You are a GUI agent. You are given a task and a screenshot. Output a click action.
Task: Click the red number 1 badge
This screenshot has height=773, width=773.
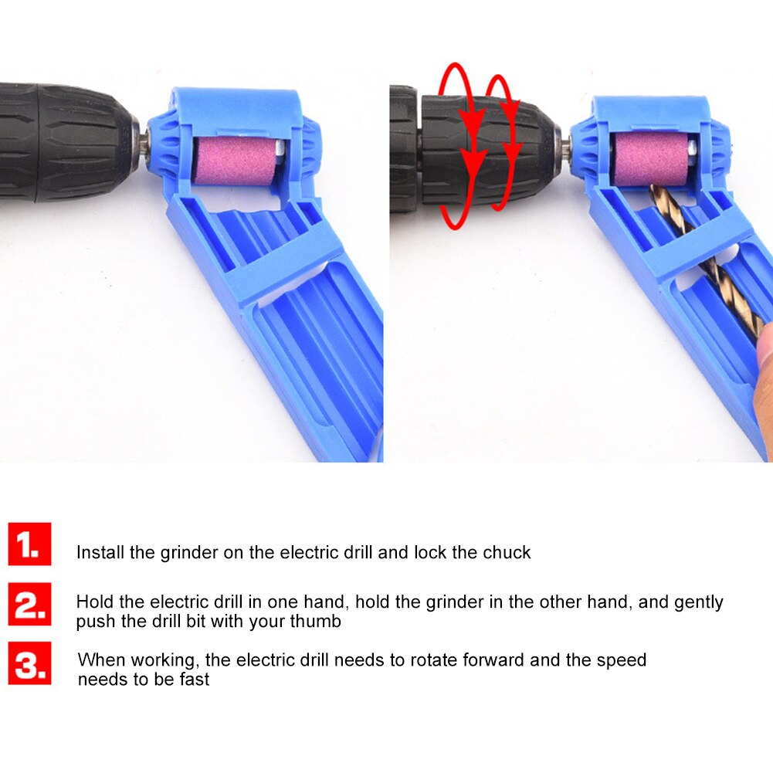click(x=29, y=544)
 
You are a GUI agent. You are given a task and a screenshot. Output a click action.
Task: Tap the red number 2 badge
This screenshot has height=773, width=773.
click(x=29, y=603)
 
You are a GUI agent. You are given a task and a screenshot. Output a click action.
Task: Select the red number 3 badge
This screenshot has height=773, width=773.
click(x=29, y=663)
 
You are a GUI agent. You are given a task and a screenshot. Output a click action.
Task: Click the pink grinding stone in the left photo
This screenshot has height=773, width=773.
click(x=229, y=161)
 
